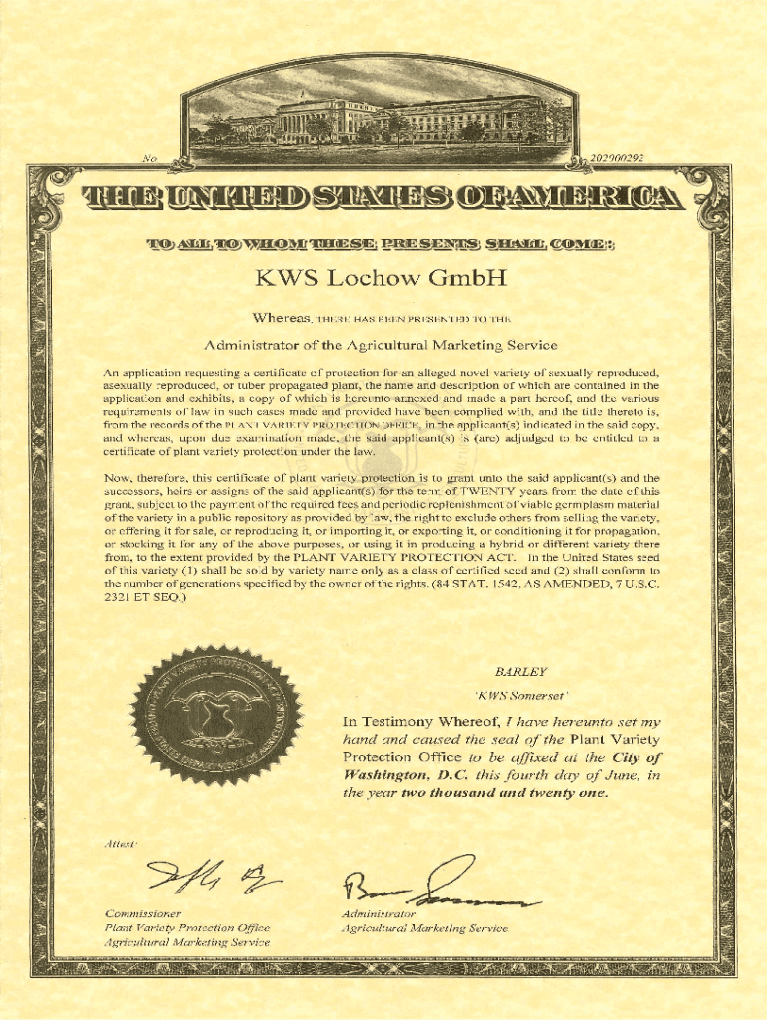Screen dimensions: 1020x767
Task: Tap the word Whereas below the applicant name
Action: point(281,318)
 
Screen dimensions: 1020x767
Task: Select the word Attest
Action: point(121,844)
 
